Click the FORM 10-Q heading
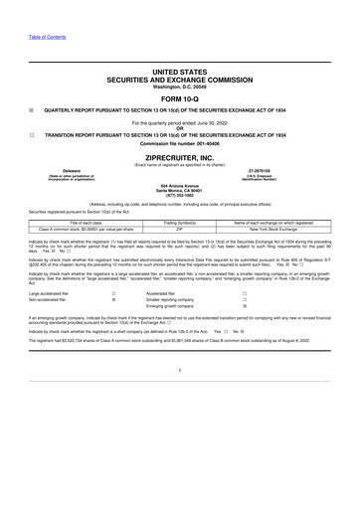click(180, 99)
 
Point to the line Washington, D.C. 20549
click(180, 87)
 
